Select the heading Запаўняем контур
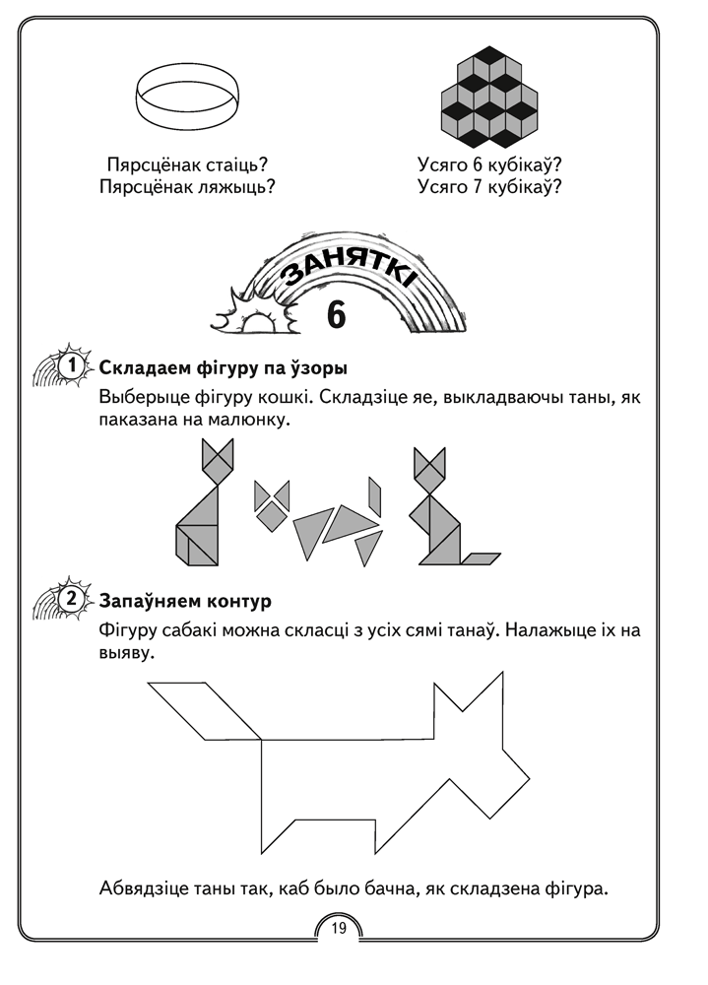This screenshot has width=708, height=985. point(185,599)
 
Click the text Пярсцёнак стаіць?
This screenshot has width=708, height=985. point(187,164)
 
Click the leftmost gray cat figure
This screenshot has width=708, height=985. point(204,507)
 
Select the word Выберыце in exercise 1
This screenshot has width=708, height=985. point(141,398)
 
